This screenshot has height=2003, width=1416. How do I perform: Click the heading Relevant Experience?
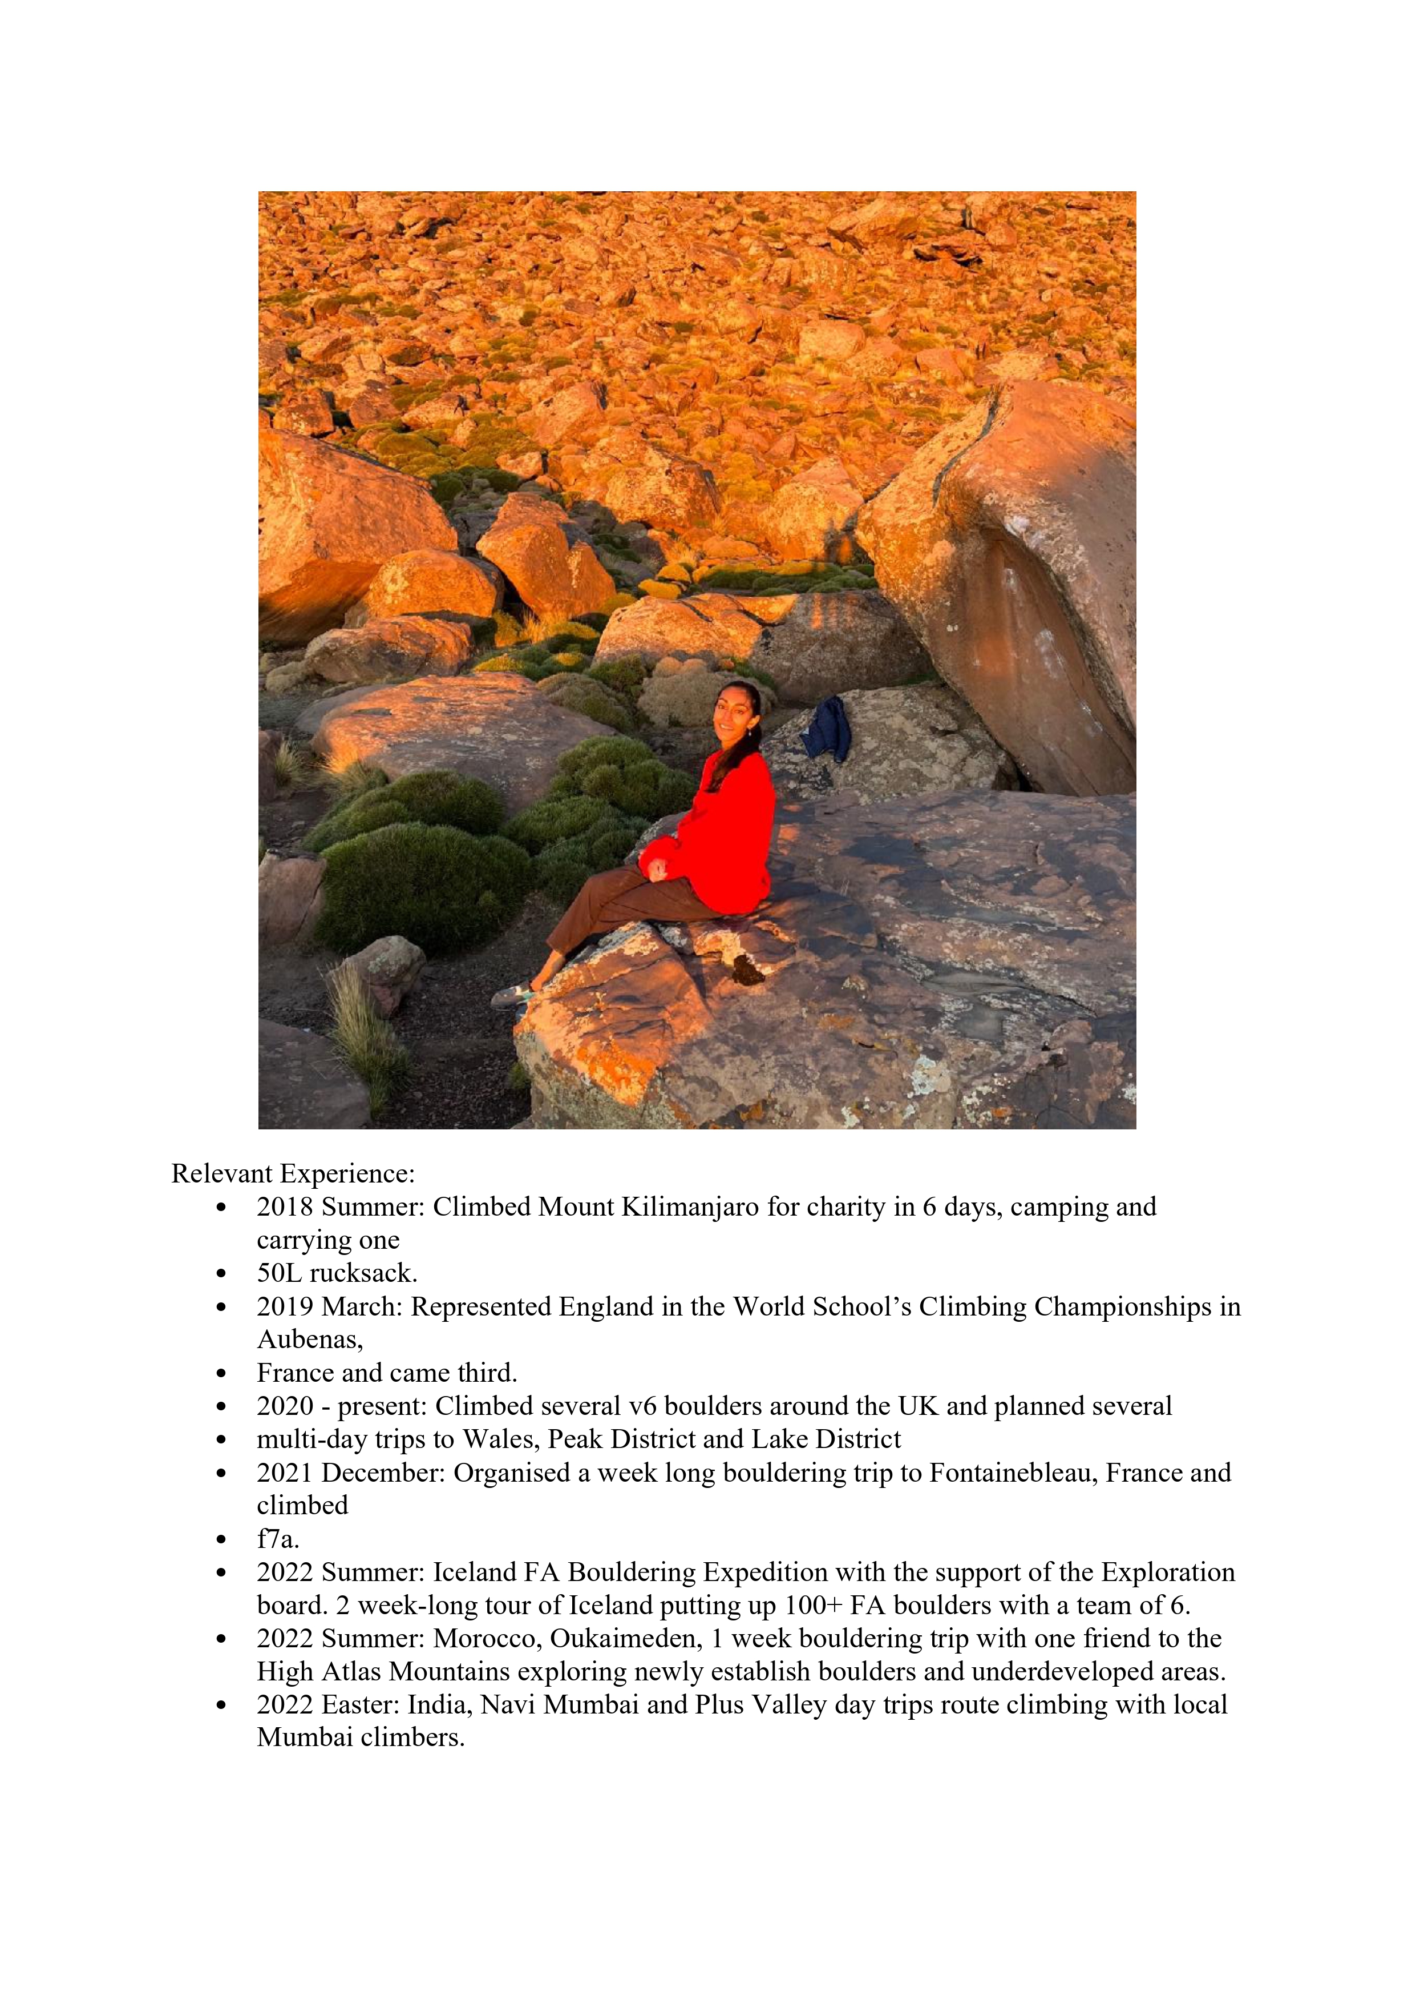(293, 1175)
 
